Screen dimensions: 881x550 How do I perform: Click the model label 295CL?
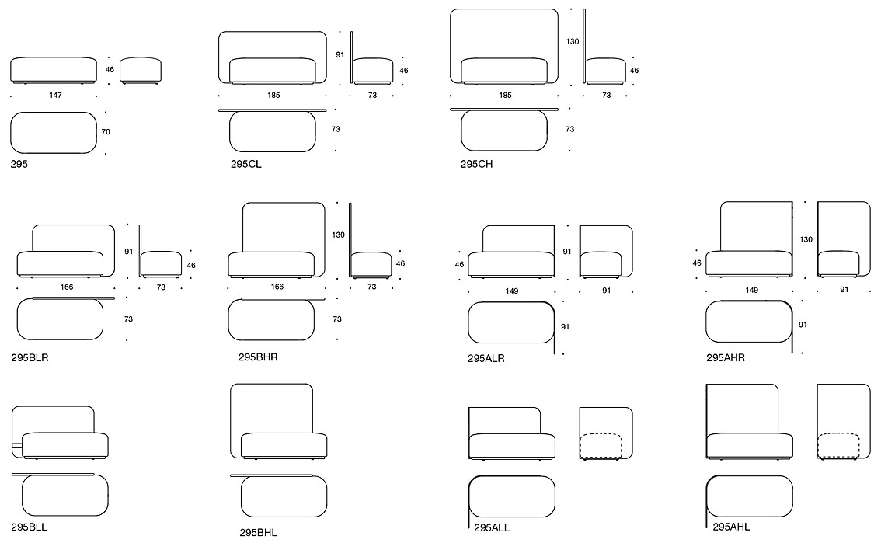(x=245, y=164)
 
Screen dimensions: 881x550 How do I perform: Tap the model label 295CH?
(x=476, y=164)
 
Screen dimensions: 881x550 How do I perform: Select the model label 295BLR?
(x=30, y=358)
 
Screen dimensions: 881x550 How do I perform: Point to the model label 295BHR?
(x=258, y=357)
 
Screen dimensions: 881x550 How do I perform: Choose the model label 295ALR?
(x=486, y=358)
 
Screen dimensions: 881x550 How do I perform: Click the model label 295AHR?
(x=726, y=358)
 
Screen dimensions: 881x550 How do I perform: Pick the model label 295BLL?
(x=30, y=527)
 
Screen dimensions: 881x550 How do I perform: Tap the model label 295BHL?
(x=259, y=533)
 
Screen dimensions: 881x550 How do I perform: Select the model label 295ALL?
(x=492, y=528)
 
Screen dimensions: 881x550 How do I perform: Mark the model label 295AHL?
(x=731, y=527)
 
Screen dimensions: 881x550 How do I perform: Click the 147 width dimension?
(x=55, y=96)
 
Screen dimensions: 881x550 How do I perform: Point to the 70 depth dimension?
(x=106, y=132)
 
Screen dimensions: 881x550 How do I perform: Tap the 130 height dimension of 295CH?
(x=573, y=42)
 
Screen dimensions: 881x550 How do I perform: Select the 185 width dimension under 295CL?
(x=273, y=96)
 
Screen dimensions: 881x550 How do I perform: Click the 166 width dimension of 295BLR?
(x=66, y=287)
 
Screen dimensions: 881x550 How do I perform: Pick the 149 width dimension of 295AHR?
(x=752, y=291)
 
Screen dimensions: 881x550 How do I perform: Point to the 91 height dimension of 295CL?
(x=340, y=55)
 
